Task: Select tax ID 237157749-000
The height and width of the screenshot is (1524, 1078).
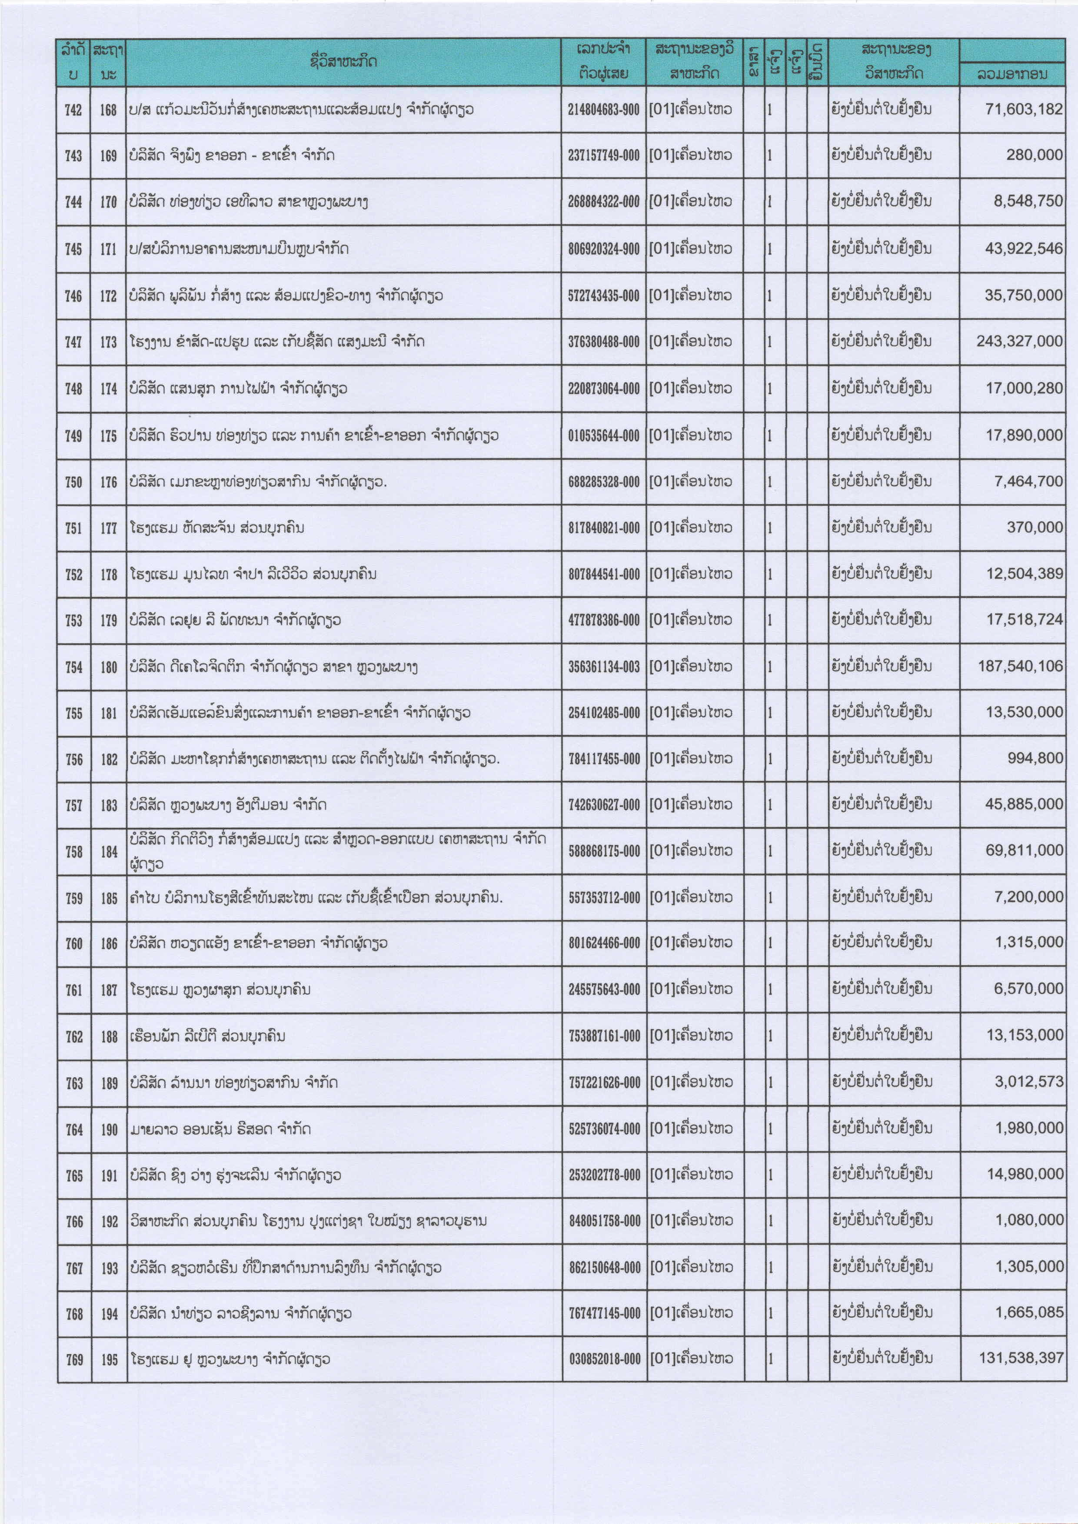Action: pos(603,155)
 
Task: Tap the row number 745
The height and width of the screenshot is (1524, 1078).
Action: pos(74,249)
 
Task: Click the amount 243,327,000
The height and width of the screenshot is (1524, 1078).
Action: pos(1019,341)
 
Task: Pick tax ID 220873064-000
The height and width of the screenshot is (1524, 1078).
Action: pos(603,388)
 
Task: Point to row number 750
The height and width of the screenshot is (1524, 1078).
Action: pos(74,482)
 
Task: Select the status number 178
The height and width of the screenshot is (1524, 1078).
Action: pos(109,574)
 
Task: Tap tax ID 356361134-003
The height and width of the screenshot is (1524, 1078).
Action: pos(603,667)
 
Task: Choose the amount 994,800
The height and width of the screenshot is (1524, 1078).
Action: pos(1035,758)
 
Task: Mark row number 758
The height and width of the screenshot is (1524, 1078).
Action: pos(74,852)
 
